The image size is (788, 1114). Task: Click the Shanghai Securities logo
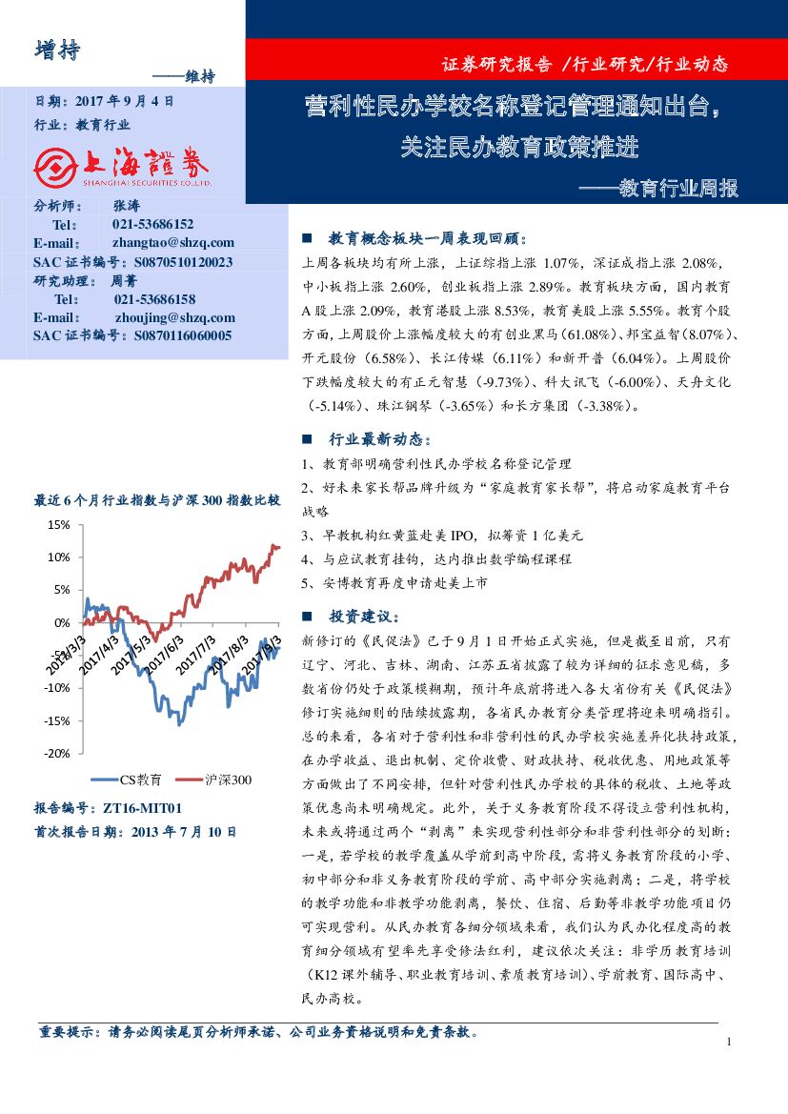coord(123,169)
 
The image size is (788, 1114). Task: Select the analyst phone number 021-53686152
coord(152,224)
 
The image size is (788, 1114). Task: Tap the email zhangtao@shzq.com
coord(173,242)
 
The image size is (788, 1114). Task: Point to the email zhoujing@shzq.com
coord(174,317)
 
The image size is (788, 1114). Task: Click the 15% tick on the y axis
coord(58,525)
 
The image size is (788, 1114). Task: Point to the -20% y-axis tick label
coord(56,753)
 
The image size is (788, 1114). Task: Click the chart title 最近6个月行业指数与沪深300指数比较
coord(157,499)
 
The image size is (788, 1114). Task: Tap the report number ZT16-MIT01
coord(138,808)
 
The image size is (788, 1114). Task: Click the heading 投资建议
coord(357,617)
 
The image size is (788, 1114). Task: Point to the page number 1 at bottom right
coord(728,1042)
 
